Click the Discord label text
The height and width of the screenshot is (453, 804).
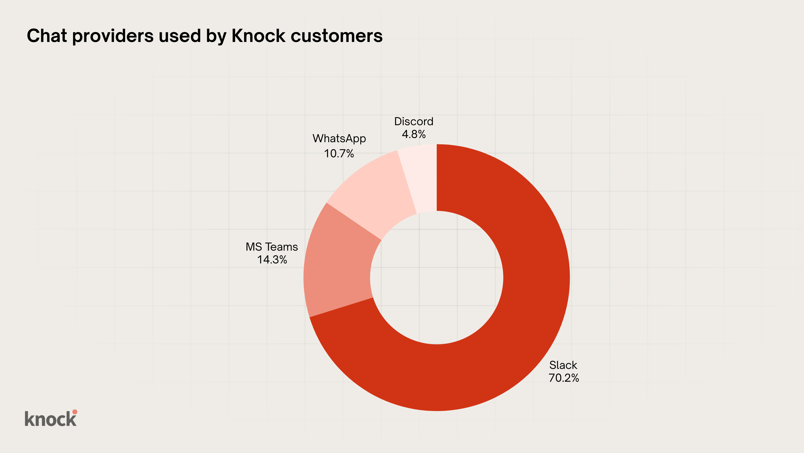(414, 121)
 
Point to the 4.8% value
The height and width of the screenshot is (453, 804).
(414, 134)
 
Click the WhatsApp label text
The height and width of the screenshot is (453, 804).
(339, 138)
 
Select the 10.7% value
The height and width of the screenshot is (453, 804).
(339, 154)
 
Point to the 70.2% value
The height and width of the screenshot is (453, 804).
(564, 378)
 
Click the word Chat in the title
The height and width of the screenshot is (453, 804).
(47, 36)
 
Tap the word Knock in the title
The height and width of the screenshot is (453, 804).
(258, 36)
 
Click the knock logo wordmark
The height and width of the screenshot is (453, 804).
(50, 419)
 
